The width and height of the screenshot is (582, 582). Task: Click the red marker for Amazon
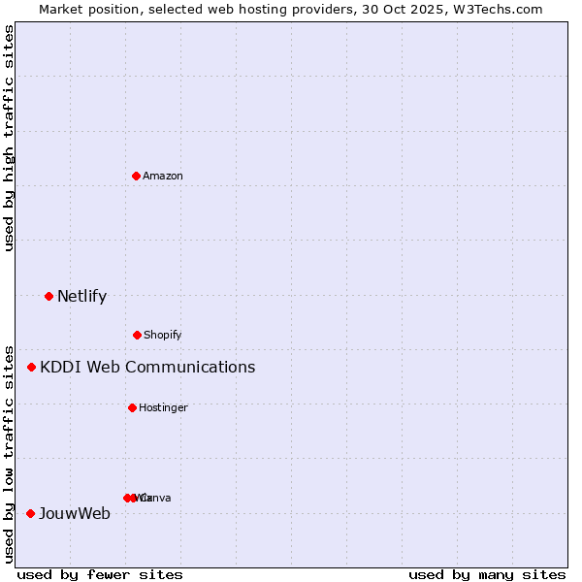click(x=137, y=176)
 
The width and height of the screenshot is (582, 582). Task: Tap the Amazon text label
click(x=163, y=177)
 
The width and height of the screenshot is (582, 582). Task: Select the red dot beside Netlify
click(x=49, y=296)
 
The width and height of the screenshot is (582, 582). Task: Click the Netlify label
click(x=82, y=297)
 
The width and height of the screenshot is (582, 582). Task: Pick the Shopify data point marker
click(x=137, y=335)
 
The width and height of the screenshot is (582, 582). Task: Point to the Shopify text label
click(x=163, y=336)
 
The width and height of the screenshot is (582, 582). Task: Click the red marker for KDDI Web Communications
click(x=32, y=367)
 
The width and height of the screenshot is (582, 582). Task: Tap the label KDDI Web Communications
click(x=147, y=368)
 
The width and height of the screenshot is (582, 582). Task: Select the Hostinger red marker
click(x=132, y=407)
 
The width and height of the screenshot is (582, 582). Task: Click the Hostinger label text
click(x=163, y=408)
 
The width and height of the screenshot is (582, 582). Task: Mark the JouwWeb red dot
click(x=31, y=513)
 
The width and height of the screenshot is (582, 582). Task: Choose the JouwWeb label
click(x=75, y=514)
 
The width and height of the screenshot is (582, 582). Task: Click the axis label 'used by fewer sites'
click(x=100, y=575)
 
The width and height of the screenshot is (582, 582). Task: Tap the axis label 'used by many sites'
click(x=487, y=575)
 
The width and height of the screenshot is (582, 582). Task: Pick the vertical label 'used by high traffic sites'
click(x=10, y=138)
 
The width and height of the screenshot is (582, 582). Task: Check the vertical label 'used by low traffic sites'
click(x=10, y=453)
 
